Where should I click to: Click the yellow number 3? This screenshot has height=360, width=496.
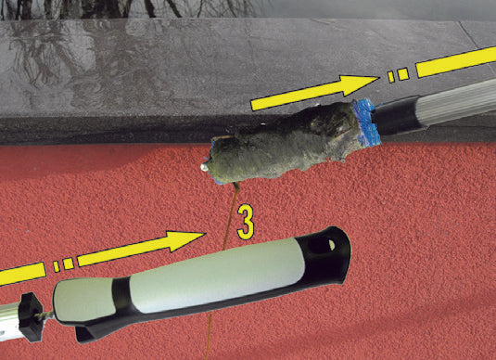pyautogui.click(x=246, y=222)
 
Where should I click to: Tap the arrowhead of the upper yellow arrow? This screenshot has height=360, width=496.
pyautogui.click(x=358, y=84)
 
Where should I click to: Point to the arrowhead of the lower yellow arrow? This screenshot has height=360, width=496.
pyautogui.click(x=185, y=240)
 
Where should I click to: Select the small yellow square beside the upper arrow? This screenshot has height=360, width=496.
pyautogui.click(x=403, y=74)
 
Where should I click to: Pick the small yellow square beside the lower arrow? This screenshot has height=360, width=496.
pyautogui.click(x=68, y=264)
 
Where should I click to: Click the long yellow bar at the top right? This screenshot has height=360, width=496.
pyautogui.click(x=456, y=61)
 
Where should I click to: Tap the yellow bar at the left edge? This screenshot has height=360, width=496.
pyautogui.click(x=22, y=274)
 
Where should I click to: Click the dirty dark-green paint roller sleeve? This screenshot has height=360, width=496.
pyautogui.click(x=285, y=144)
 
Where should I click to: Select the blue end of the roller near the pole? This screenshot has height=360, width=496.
pyautogui.click(x=367, y=122)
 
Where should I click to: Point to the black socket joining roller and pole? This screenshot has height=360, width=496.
pyautogui.click(x=400, y=116)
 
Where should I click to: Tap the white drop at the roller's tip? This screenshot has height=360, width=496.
pyautogui.click(x=205, y=168)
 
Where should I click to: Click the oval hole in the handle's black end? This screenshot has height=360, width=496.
pyautogui.click(x=321, y=246)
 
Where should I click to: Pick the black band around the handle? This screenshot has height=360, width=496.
pyautogui.click(x=121, y=294)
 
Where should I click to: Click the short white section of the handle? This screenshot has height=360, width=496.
pyautogui.click(x=83, y=299)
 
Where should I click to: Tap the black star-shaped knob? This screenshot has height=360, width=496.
pyautogui.click(x=31, y=316)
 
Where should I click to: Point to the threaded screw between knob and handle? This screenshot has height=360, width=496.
pyautogui.click(x=46, y=315)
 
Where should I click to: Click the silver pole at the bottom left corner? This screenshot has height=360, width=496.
pyautogui.click(x=10, y=322)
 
